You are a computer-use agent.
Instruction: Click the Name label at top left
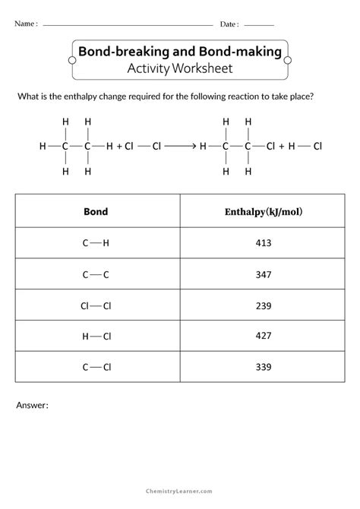point(25,24)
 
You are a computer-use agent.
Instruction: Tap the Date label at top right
point(229,24)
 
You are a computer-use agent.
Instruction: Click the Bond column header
point(96,211)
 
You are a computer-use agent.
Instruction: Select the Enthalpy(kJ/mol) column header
point(264,211)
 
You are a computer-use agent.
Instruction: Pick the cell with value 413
point(264,243)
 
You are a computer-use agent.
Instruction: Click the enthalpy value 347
point(264,274)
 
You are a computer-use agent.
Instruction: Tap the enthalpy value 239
point(264,305)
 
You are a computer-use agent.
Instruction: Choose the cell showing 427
point(264,337)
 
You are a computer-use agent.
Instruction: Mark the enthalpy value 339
point(264,368)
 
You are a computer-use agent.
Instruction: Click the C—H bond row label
point(96,243)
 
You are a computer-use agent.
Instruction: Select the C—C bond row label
point(96,274)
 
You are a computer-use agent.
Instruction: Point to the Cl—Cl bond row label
point(96,305)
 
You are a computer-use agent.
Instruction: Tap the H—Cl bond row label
point(96,337)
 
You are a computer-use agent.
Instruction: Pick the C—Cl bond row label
point(96,368)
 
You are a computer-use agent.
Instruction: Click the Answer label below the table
point(32,406)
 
